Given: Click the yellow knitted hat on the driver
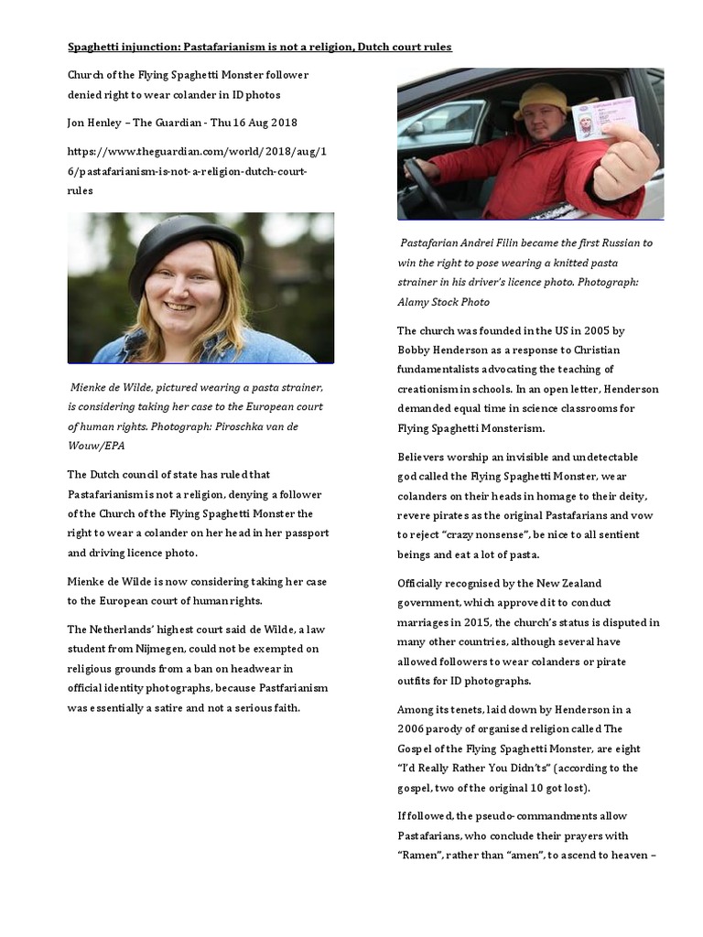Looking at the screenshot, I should point(541,100).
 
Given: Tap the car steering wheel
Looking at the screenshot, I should point(424,183).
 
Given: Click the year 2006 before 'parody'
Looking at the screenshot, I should point(415,728).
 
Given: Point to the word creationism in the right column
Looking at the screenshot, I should point(431,389).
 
